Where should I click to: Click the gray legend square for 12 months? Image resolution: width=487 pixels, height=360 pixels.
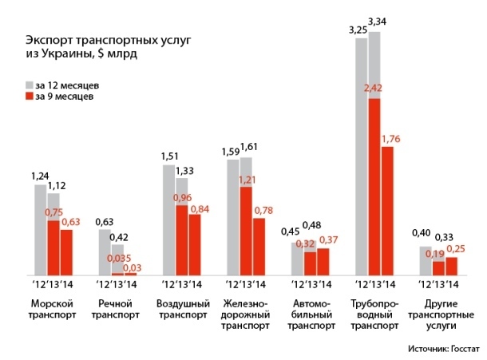click(x=30, y=84)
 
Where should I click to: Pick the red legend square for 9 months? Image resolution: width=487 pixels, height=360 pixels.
click(x=30, y=96)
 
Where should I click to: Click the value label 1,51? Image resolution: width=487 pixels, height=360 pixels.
click(x=169, y=156)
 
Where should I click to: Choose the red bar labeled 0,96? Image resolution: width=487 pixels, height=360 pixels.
click(x=182, y=240)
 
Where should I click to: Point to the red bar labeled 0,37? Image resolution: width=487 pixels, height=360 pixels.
click(x=323, y=262)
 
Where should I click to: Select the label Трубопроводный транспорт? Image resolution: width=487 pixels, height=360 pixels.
click(x=375, y=314)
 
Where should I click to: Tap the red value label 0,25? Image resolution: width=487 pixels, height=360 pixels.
click(x=453, y=249)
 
